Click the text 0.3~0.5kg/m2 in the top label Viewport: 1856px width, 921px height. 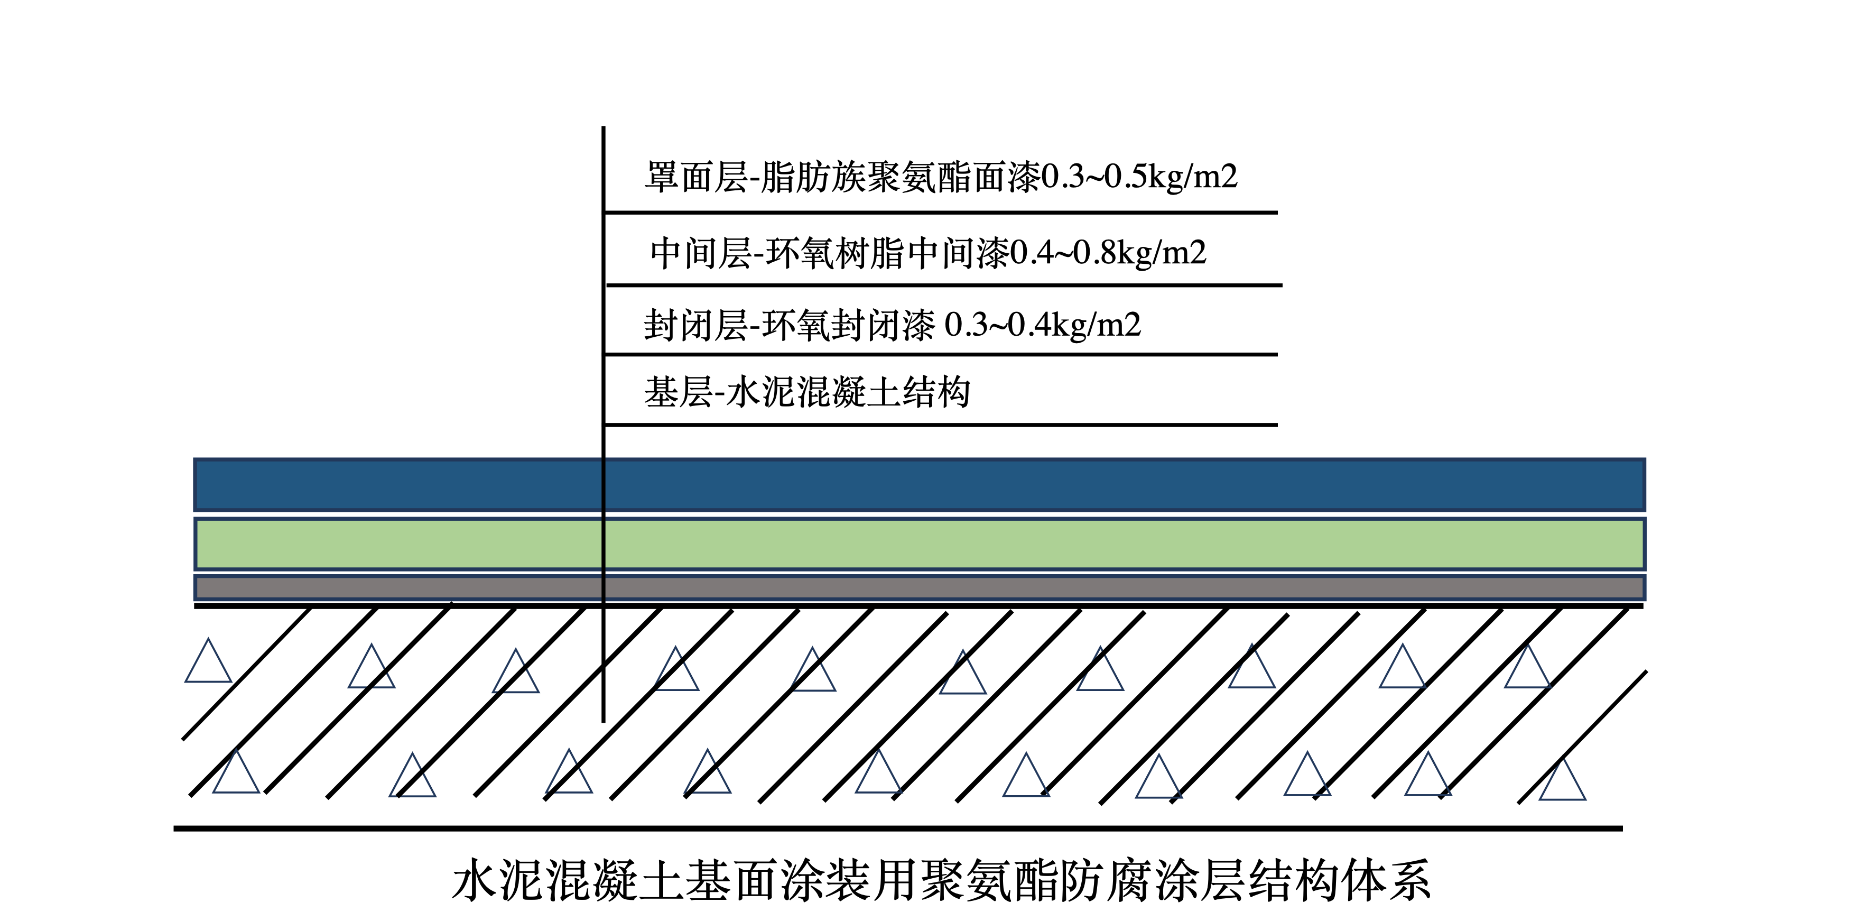click(x=1139, y=177)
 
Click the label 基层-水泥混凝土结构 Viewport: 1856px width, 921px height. click(x=807, y=393)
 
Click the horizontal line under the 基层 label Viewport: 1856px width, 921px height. click(x=940, y=425)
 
